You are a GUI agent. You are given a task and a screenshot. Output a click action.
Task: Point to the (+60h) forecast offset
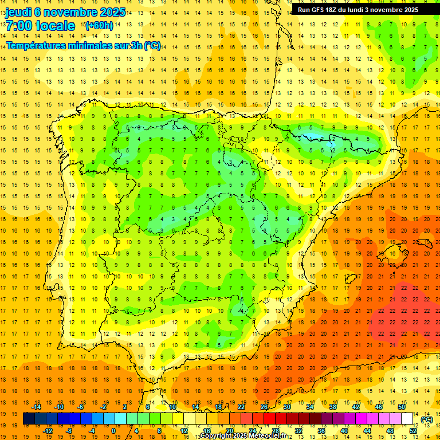(x=99, y=25)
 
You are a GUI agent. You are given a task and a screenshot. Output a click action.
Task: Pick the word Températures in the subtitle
(x=36, y=46)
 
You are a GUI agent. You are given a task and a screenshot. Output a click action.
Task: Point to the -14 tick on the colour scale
(x=36, y=407)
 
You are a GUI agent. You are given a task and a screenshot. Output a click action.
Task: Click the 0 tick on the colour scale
(x=113, y=430)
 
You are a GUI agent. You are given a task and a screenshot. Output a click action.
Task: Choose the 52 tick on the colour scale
(x=413, y=430)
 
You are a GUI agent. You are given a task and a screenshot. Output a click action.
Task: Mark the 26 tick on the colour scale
(x=264, y=407)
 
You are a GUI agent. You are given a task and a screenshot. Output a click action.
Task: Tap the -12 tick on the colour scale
(x=47, y=430)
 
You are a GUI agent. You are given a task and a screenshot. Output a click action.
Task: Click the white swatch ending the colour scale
(x=407, y=419)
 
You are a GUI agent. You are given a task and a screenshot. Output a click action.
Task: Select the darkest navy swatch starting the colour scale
(x=29, y=419)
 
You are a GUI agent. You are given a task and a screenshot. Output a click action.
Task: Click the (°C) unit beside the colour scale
(x=426, y=419)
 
